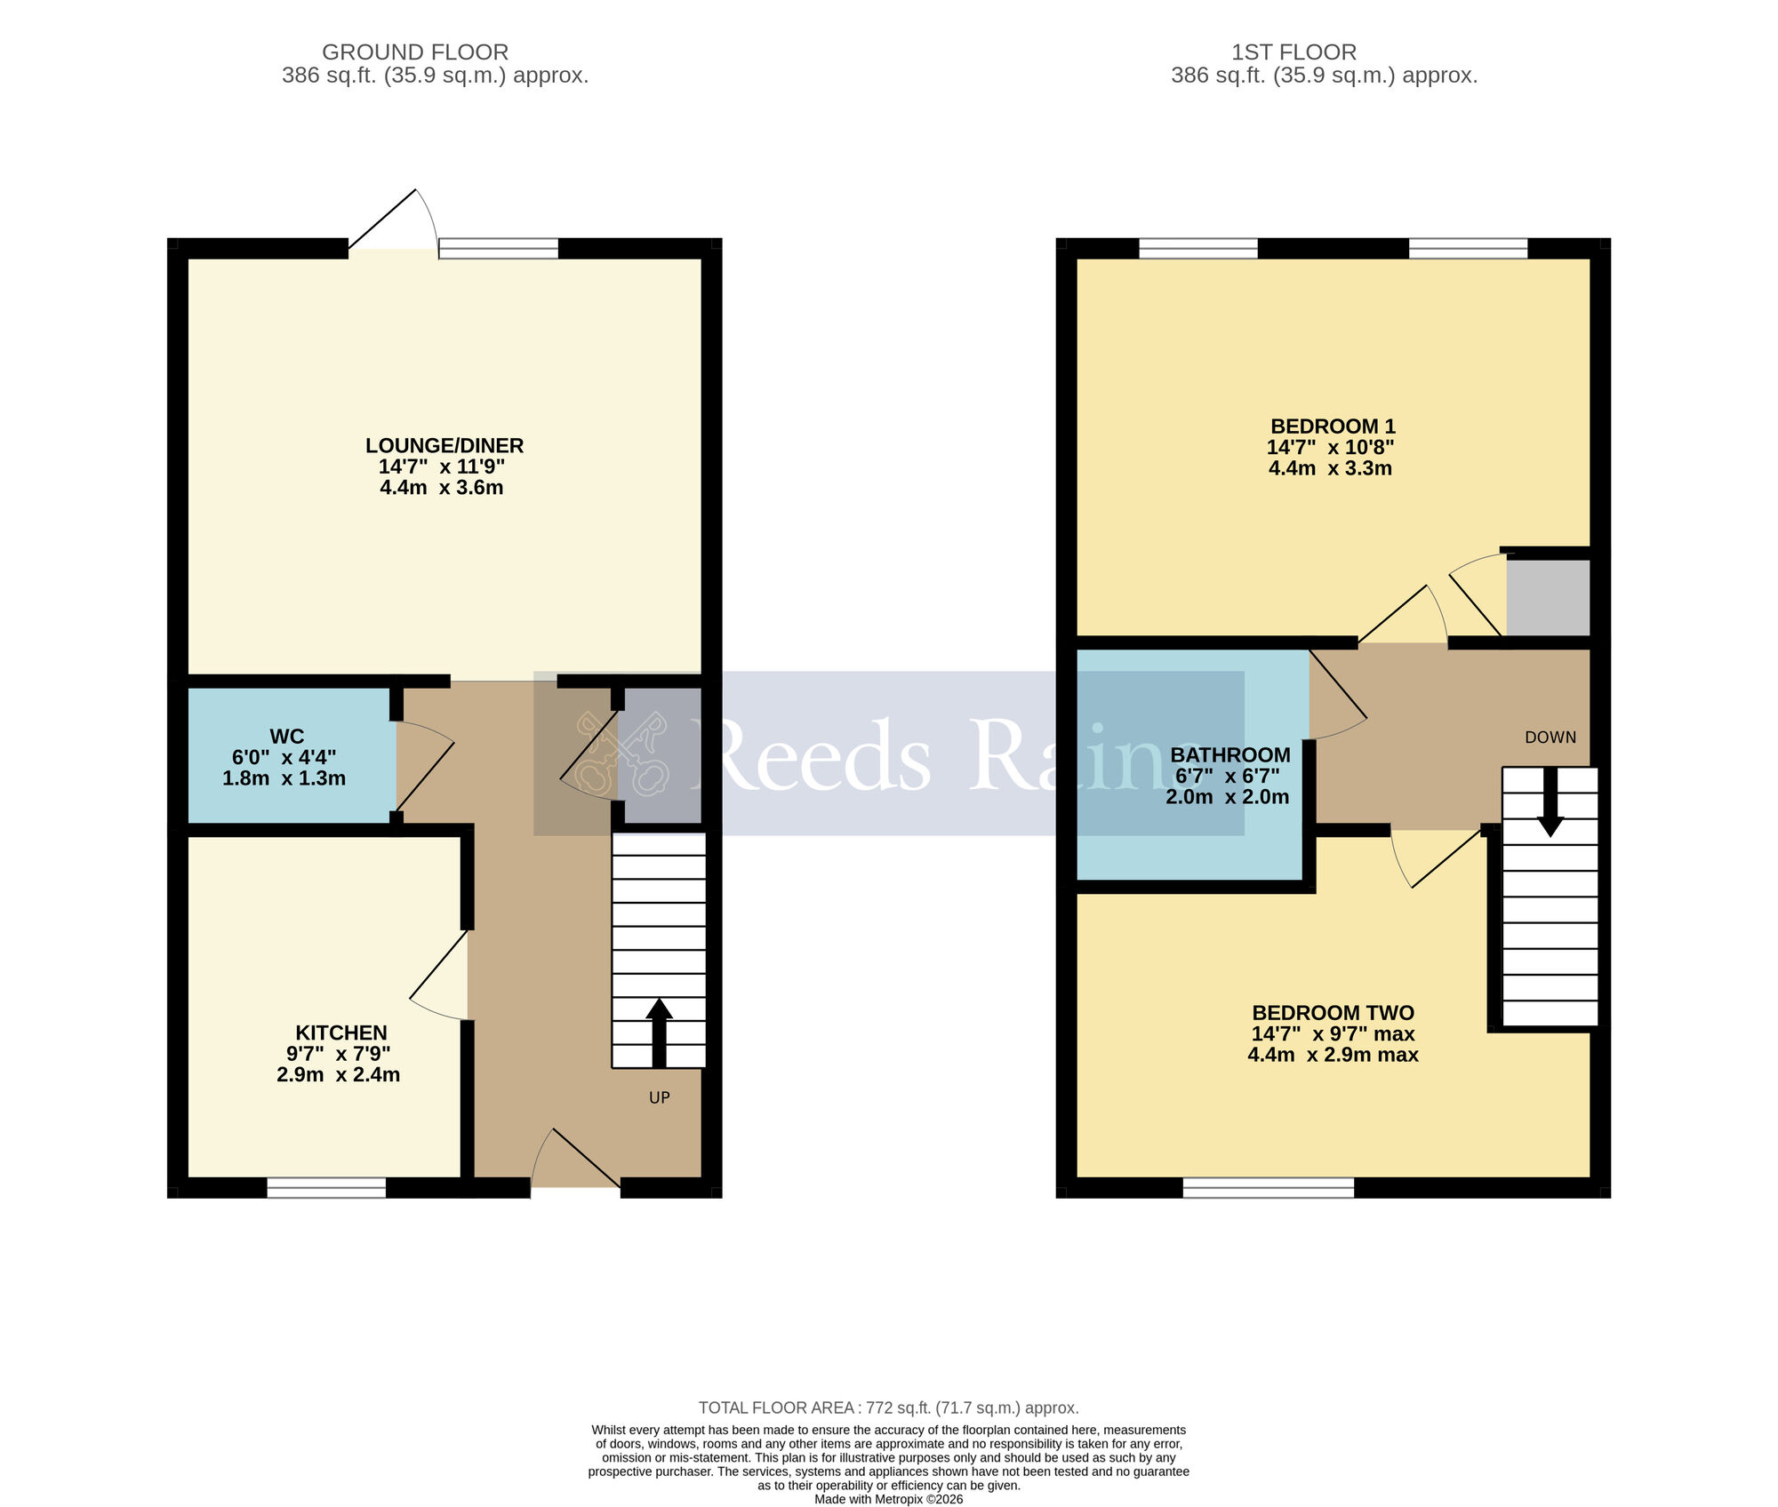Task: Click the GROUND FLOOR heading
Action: pyautogui.click(x=415, y=52)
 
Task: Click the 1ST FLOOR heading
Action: pyautogui.click(x=1293, y=52)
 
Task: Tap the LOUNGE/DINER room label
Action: pyautogui.click(x=444, y=445)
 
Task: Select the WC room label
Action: pyautogui.click(x=286, y=737)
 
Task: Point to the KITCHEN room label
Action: pyautogui.click(x=341, y=1033)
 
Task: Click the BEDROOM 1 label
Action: pyautogui.click(x=1333, y=427)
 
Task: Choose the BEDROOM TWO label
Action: pyautogui.click(x=1333, y=1012)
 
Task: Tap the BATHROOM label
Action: pyautogui.click(x=1230, y=755)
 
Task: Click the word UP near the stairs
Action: pyautogui.click(x=659, y=1097)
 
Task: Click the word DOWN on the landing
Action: pyautogui.click(x=1550, y=738)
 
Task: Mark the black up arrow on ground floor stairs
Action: pyautogui.click(x=659, y=1031)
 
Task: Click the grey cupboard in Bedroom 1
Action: pyautogui.click(x=1548, y=597)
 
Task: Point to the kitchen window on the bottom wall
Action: pyautogui.click(x=326, y=1188)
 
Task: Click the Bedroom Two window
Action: pyautogui.click(x=1269, y=1188)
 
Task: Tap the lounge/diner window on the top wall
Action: pyautogui.click(x=499, y=248)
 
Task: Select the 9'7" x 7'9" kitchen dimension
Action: pyautogui.click(x=339, y=1054)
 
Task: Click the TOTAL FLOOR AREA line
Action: pyautogui.click(x=888, y=1407)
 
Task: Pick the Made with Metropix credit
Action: pyautogui.click(x=888, y=1499)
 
